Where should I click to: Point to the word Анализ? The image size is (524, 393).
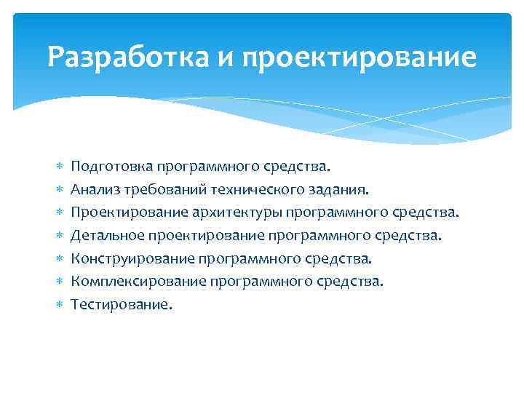(95, 190)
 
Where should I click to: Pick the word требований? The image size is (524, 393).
(164, 190)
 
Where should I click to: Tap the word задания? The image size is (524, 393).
(340, 190)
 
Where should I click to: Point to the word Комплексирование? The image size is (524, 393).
(132, 281)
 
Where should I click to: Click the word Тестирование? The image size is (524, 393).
(122, 304)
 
